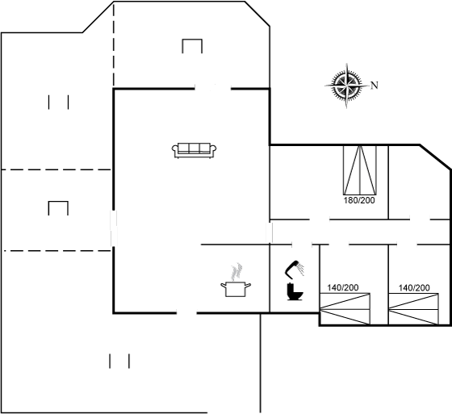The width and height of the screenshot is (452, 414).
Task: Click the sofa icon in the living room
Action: (x=195, y=150)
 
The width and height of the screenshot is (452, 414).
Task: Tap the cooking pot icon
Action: (x=236, y=289)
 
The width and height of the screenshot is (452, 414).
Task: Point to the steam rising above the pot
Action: (x=236, y=272)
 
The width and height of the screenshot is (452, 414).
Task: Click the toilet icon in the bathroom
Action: (x=295, y=292)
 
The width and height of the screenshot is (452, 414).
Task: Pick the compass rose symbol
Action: (x=347, y=86)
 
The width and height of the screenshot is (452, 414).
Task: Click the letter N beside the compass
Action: (x=375, y=86)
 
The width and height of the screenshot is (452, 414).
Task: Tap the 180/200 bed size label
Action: (x=359, y=200)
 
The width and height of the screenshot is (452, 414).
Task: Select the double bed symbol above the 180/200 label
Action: (x=360, y=169)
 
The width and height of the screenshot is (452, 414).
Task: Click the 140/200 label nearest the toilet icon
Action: (x=343, y=287)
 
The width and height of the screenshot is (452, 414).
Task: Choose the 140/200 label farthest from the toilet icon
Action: (x=414, y=287)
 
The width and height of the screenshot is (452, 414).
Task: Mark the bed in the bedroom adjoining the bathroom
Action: (x=345, y=309)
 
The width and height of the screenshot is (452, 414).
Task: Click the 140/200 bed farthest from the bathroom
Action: (x=413, y=309)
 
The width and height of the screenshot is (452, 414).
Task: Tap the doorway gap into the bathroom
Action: (x=302, y=245)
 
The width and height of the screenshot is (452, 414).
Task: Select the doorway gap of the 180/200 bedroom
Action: (x=320, y=220)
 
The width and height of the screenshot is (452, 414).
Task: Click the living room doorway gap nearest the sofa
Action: (x=213, y=89)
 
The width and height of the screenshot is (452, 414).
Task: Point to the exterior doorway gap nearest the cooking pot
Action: (x=186, y=313)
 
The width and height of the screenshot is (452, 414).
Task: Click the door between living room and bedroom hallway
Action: (x=270, y=232)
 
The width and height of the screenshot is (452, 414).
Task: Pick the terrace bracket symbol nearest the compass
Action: (x=192, y=46)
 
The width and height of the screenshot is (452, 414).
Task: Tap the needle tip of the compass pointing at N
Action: (x=369, y=86)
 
